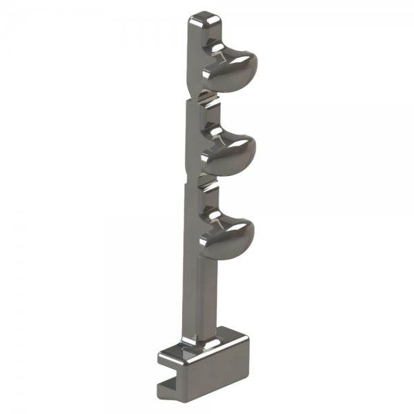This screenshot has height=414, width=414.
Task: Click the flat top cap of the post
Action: (205, 19)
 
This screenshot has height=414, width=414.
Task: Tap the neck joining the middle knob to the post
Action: (213, 137)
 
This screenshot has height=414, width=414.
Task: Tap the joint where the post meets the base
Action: (200, 342)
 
